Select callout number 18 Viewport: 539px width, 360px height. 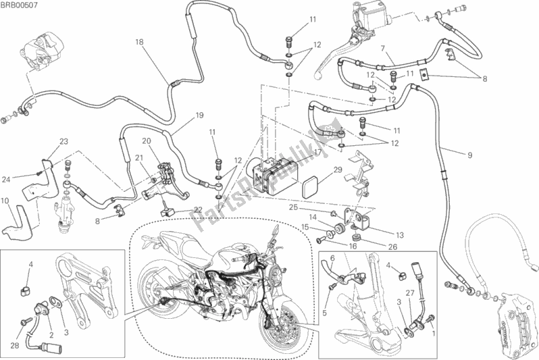(x=139, y=42)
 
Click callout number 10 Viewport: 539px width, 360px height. (x=5, y=201)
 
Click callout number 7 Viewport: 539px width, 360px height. (x=382, y=49)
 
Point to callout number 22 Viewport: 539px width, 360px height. (x=198, y=209)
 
